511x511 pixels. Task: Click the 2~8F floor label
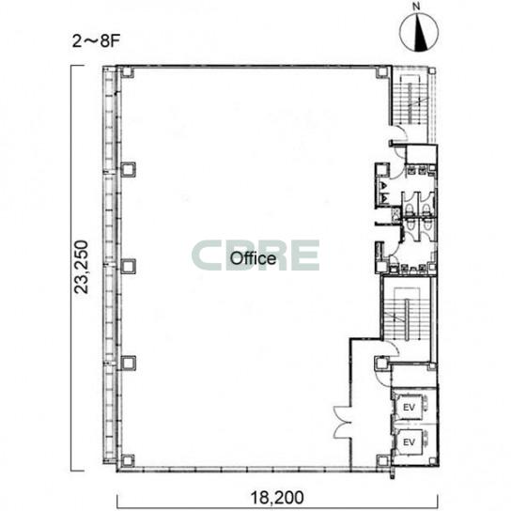pyautogui.click(x=96, y=41)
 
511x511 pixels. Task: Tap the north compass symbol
pyautogui.click(x=419, y=33)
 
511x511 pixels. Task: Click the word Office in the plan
pyautogui.click(x=253, y=258)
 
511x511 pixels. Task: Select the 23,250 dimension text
pyautogui.click(x=81, y=267)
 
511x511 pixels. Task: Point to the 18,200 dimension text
pyautogui.click(x=277, y=497)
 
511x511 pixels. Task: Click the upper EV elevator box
pyautogui.click(x=409, y=407)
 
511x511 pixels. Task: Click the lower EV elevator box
pyautogui.click(x=409, y=442)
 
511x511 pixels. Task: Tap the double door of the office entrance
pyautogui.click(x=342, y=423)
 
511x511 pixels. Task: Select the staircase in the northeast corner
pyautogui.click(x=413, y=103)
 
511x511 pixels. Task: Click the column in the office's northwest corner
pyautogui.click(x=127, y=72)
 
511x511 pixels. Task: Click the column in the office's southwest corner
pyautogui.click(x=128, y=460)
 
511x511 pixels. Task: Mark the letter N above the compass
pyautogui.click(x=416, y=7)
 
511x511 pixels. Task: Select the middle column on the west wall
pyautogui.click(x=128, y=266)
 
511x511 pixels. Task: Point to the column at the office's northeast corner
pyautogui.click(x=383, y=72)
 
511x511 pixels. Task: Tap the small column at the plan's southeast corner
pyautogui.click(x=432, y=461)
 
